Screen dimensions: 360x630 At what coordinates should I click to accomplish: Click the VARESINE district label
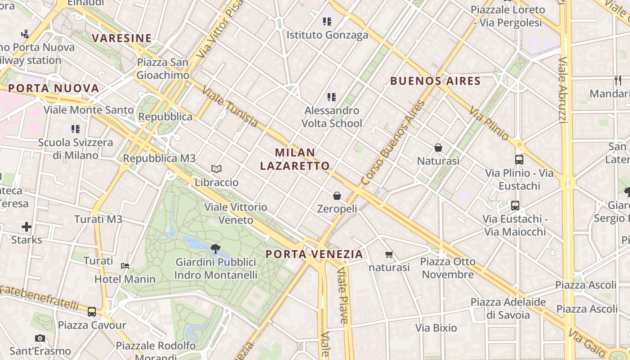coord(122,38)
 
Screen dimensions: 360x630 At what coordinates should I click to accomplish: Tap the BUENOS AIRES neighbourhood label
coord(436,81)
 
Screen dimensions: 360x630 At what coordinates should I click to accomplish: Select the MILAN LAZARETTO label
coord(295,159)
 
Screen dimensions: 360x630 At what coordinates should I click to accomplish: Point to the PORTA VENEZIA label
coord(314,254)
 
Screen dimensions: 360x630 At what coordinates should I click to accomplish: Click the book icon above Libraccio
coord(216,169)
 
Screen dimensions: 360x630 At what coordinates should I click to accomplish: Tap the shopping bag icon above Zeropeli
coord(337,195)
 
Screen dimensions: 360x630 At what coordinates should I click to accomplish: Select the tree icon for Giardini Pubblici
coord(216,248)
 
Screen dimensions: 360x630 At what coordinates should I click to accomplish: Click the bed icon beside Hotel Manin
coord(125,265)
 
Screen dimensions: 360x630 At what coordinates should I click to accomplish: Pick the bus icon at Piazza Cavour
coord(92,311)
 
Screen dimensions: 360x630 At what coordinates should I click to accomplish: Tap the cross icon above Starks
coord(27,226)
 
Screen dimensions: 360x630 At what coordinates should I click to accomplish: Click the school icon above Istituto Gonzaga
coord(327,21)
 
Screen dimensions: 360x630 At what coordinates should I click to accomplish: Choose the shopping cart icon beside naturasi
coord(389,255)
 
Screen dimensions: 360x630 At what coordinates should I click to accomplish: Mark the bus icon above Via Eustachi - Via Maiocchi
coord(515,205)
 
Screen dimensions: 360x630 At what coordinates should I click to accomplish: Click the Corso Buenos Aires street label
coord(393,143)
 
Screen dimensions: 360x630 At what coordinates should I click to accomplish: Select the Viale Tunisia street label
coord(230,107)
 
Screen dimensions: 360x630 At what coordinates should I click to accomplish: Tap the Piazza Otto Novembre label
coord(448,268)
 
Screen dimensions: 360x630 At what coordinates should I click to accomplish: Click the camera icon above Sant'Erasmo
coord(40,338)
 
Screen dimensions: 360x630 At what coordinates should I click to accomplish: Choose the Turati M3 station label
coord(98,220)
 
